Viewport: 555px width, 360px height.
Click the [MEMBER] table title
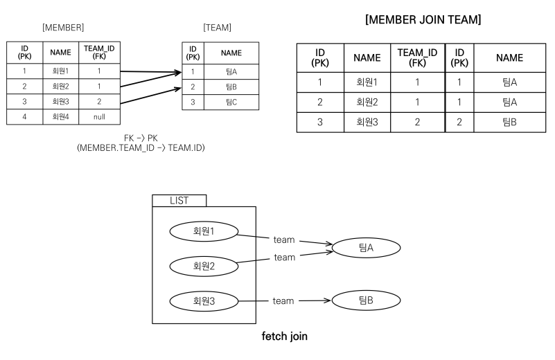(63, 28)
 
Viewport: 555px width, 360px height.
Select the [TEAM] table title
(217, 28)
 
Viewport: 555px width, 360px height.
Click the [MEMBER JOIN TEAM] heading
(423, 20)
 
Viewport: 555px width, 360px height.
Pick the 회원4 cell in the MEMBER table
(60, 117)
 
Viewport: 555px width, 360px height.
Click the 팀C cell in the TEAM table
(231, 102)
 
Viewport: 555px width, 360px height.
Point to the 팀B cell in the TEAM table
(231, 87)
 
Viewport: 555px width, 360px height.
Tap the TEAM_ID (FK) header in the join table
(417, 58)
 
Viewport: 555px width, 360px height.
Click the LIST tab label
(179, 200)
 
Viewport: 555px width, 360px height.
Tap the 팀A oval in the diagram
(366, 247)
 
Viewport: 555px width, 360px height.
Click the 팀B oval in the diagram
(366, 300)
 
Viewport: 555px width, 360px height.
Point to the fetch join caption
(284, 337)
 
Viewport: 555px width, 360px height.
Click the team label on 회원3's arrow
(283, 301)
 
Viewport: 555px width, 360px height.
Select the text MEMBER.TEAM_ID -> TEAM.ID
(141, 148)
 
